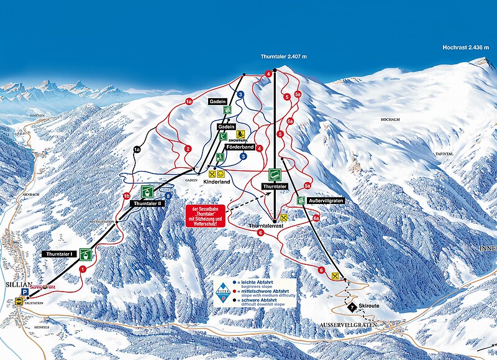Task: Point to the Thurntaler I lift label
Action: point(60,254)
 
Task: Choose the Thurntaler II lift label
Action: point(147,203)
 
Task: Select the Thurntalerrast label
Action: point(267,225)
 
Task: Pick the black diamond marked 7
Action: point(352,307)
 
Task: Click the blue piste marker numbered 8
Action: point(168,195)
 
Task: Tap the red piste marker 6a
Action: point(316,218)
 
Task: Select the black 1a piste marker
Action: point(137,149)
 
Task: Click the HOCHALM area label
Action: point(384,118)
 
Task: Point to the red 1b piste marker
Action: point(127,197)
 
